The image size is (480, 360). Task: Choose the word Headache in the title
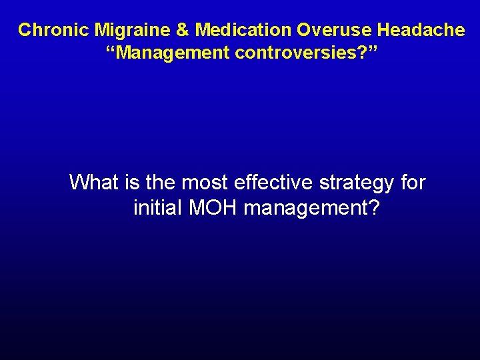[x=421, y=30]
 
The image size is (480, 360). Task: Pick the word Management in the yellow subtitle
[x=171, y=53]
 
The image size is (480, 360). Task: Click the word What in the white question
[x=93, y=182]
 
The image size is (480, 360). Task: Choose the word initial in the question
[x=159, y=209]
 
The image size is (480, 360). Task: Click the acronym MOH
[x=214, y=209]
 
